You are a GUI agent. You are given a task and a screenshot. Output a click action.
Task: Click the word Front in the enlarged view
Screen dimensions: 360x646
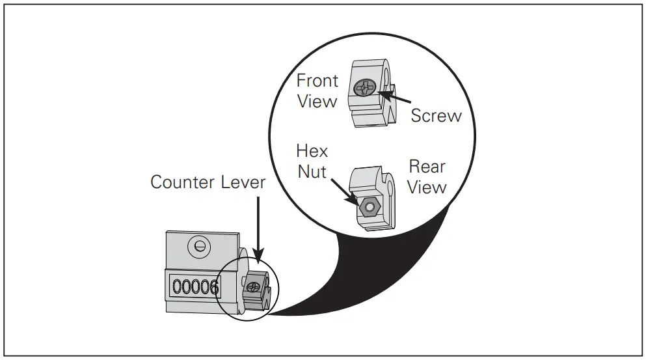point(317,81)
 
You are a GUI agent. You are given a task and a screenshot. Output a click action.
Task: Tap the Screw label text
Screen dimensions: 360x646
point(436,115)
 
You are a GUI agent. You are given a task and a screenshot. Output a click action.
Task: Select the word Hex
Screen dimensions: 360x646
point(312,152)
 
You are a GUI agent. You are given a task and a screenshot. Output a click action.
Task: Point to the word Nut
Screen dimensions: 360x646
point(312,173)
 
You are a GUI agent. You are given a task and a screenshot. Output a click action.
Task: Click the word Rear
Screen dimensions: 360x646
point(427,167)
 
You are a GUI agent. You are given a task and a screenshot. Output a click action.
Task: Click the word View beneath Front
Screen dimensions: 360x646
point(317,102)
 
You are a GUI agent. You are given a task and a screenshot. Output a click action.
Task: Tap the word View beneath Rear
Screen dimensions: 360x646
point(427,187)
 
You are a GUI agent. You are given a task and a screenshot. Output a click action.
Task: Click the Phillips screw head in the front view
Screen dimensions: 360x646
point(364,87)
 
